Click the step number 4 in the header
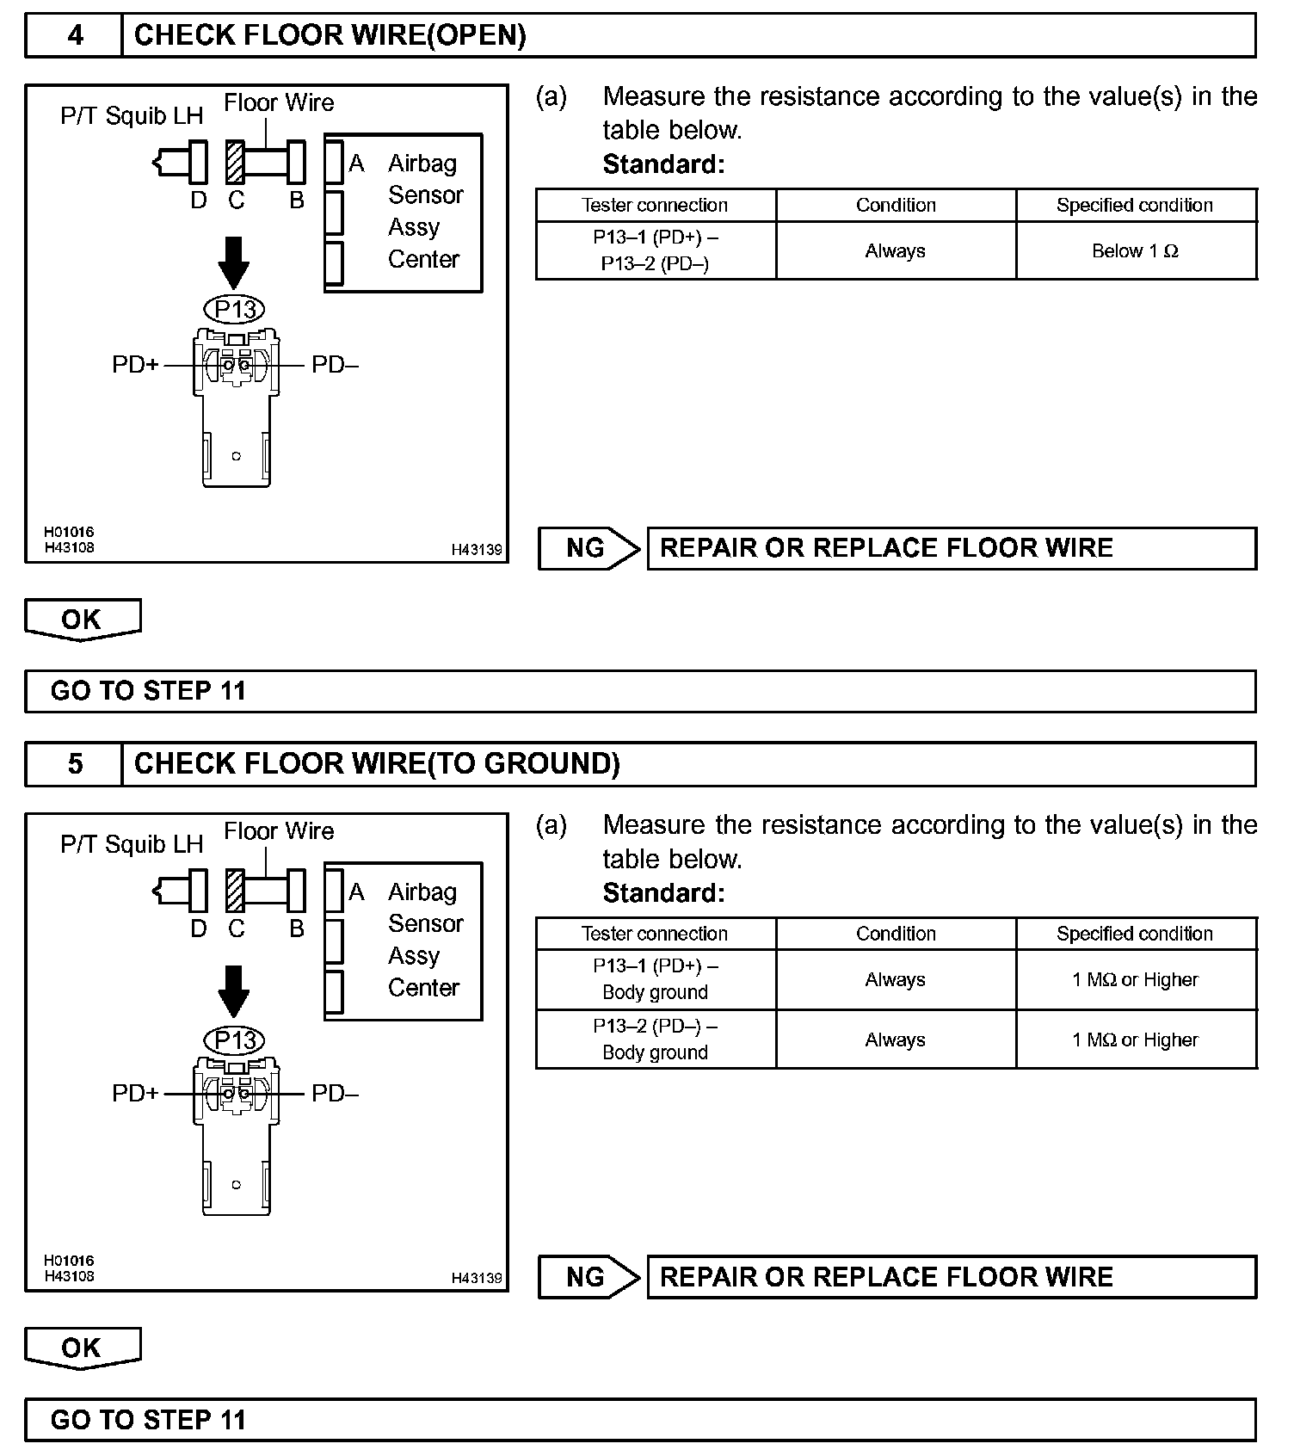(75, 35)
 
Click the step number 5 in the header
(75, 764)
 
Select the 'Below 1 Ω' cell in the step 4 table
(1135, 251)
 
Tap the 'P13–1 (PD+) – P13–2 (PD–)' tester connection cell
(655, 250)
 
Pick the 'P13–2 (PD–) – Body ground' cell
(655, 1040)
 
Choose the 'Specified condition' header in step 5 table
(1135, 934)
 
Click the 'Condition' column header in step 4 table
(896, 206)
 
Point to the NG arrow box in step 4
(588, 548)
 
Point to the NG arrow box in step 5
(588, 1277)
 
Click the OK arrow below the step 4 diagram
(82, 620)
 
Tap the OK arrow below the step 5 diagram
(82, 1348)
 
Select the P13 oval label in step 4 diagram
(235, 310)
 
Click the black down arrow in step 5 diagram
(234, 990)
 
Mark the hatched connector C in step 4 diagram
(235, 162)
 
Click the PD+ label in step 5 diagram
(135, 1094)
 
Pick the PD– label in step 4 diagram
(335, 365)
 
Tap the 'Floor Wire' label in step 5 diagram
(279, 831)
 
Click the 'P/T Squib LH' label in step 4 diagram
(132, 116)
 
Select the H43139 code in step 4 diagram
(477, 550)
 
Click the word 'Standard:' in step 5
(663, 893)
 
